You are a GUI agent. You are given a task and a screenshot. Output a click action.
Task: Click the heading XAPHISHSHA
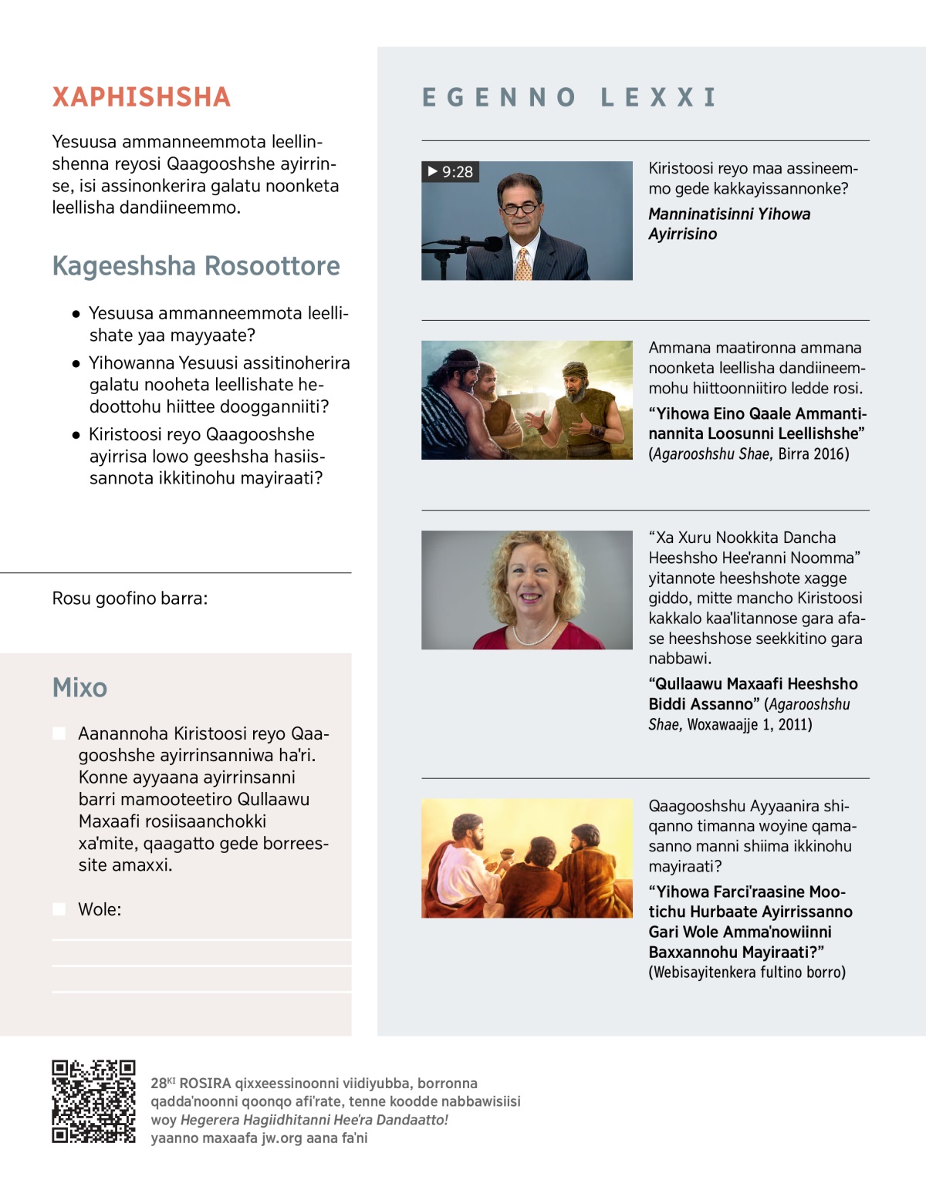141,97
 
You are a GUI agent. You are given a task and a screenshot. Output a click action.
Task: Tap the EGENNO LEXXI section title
569,97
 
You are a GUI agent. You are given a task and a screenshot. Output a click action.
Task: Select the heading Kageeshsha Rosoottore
196,266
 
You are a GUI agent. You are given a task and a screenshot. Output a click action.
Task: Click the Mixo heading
79,687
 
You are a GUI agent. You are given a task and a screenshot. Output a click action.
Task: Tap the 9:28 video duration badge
451,171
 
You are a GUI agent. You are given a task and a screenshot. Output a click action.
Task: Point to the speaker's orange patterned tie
523,264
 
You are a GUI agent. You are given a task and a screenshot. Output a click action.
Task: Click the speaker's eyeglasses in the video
520,208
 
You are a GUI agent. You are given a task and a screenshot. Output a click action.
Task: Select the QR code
93,1101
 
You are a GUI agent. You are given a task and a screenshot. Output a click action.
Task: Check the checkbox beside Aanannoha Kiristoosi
59,733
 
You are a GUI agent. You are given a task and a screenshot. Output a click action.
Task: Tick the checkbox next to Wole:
59,909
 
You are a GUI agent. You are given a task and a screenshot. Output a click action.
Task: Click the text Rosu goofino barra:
130,598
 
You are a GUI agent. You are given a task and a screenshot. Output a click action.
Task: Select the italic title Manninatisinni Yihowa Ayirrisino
728,224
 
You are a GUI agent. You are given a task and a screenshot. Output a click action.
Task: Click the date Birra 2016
813,453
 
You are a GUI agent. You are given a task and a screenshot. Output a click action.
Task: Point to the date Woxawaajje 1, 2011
749,724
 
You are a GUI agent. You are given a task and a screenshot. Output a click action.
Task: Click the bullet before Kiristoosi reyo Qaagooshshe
76,434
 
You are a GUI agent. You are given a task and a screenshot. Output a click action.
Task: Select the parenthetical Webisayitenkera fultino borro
747,972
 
